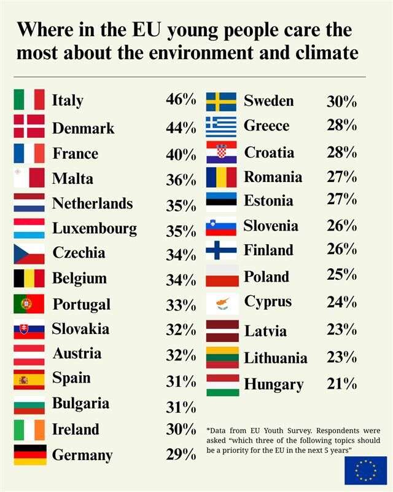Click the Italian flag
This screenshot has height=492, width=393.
pyautogui.click(x=29, y=100)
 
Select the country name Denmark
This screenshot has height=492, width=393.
pyautogui.click(x=84, y=128)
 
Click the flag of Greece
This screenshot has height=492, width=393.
pyautogui.click(x=221, y=127)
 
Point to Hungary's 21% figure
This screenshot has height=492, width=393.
pyautogui.click(x=341, y=384)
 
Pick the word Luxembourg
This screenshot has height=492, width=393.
pyautogui.click(x=95, y=229)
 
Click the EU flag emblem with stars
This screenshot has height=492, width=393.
pyautogui.click(x=365, y=470)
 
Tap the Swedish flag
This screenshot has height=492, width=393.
pyautogui.click(x=221, y=101)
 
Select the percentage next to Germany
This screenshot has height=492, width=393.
pyautogui.click(x=181, y=455)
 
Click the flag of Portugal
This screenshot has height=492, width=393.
pyautogui.click(x=29, y=304)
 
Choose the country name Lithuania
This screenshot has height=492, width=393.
pyautogui.click(x=276, y=358)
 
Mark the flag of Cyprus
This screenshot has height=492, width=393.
pyautogui.click(x=222, y=303)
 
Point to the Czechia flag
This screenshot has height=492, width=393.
pyautogui.click(x=29, y=253)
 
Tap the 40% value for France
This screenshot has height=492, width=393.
pyautogui.click(x=181, y=154)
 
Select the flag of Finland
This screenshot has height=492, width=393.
pyautogui.click(x=221, y=250)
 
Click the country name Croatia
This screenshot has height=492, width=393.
pyautogui.click(x=269, y=152)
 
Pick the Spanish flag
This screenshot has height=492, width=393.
pyautogui.click(x=29, y=379)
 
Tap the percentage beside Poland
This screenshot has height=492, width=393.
pyautogui.click(x=341, y=275)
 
